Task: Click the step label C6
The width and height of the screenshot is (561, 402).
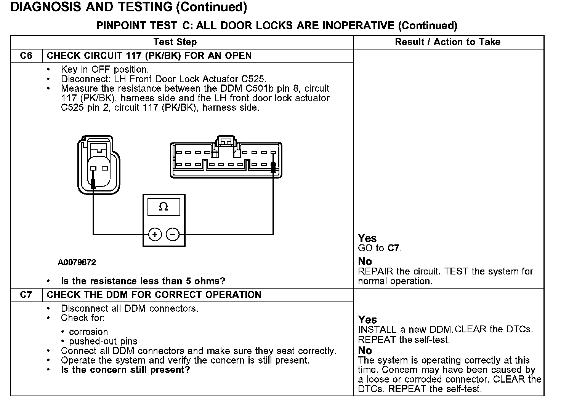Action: pos(26,56)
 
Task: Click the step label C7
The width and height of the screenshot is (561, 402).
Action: pos(26,295)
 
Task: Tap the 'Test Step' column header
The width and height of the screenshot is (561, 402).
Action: pos(175,42)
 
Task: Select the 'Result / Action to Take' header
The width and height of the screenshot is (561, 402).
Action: pos(447,42)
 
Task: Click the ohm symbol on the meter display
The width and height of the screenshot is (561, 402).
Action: pos(163,207)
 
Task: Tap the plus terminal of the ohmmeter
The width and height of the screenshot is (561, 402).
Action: pos(155,234)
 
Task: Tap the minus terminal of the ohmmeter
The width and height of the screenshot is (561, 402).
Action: pos(173,234)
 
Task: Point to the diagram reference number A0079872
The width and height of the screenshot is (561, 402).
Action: pos(77,263)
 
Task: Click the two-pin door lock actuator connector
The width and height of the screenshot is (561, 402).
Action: pos(99,164)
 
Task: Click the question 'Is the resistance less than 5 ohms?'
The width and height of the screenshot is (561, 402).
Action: pos(143,281)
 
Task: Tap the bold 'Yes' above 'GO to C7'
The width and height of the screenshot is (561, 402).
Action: pos(367,239)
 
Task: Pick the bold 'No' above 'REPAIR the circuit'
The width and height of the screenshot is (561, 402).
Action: pos(365,262)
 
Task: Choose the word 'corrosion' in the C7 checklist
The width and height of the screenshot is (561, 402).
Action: pos(88,332)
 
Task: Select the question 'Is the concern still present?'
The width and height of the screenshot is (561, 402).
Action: pos(125,370)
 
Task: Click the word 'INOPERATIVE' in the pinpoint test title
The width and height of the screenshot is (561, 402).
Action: pos(358,26)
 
